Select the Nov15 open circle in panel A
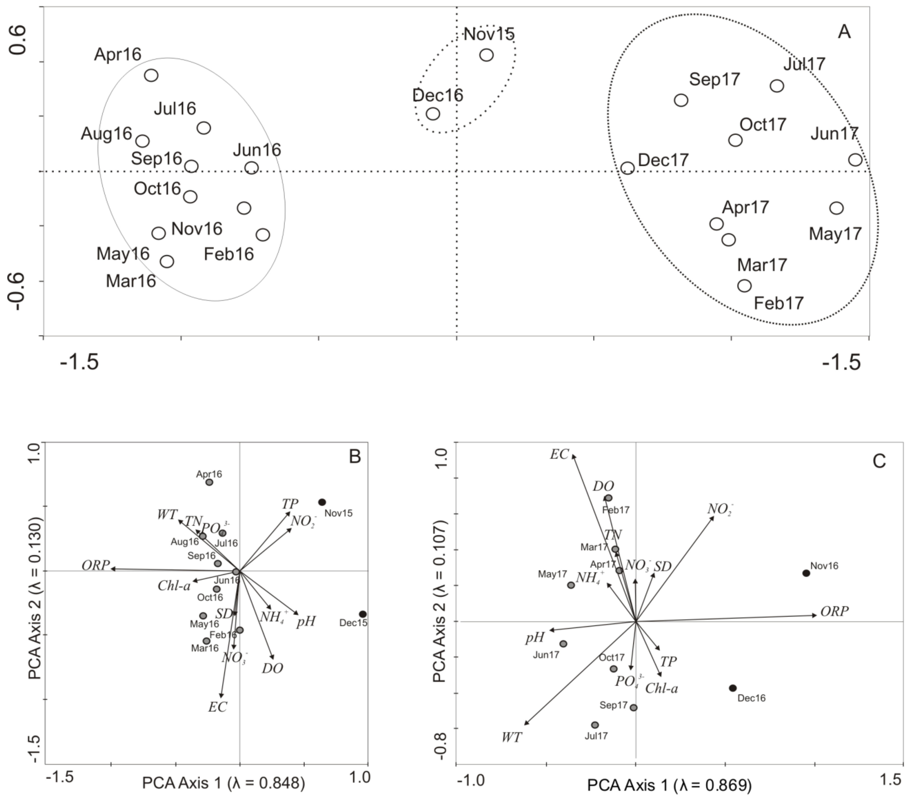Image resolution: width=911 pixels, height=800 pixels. tap(487, 55)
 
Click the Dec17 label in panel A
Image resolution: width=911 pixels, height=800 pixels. tap(663, 160)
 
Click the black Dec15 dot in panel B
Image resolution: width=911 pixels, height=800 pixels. tap(363, 614)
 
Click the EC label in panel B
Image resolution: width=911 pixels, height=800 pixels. tap(218, 707)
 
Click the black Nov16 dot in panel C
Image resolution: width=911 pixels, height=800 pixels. tap(806, 573)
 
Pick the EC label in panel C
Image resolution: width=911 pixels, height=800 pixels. tap(559, 454)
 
